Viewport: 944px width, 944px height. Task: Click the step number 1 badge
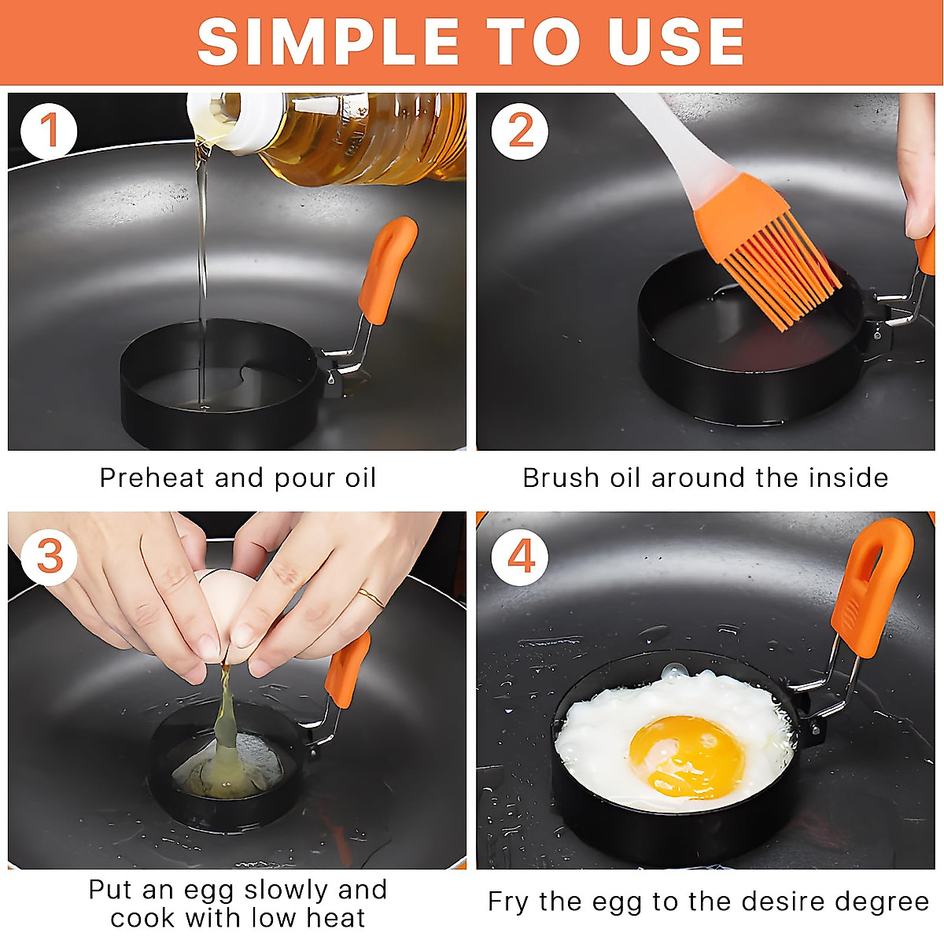point(49,131)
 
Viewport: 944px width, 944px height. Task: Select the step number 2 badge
point(520,131)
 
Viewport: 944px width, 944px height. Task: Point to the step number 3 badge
point(49,557)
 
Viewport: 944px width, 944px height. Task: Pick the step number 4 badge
point(520,557)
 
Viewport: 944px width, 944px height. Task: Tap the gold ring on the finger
point(371,597)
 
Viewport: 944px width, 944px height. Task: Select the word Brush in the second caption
point(560,478)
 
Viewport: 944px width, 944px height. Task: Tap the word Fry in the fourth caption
point(507,902)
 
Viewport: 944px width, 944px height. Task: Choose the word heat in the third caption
point(336,918)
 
